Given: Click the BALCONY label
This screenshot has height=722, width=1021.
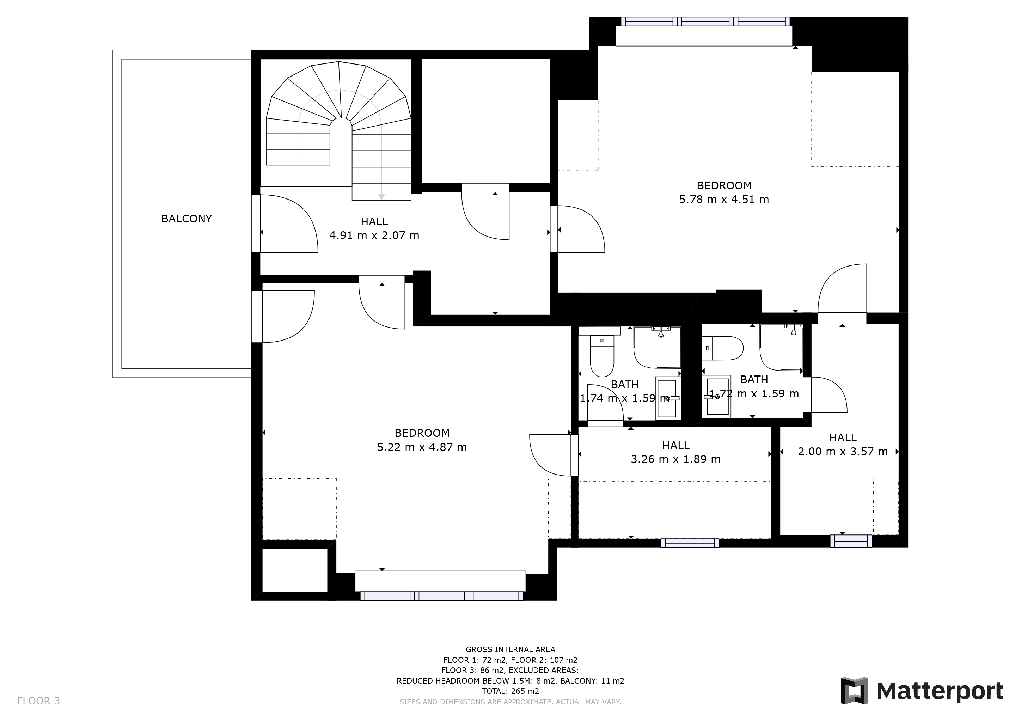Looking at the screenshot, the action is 186,219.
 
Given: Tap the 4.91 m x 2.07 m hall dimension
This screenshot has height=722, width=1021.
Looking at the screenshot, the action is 374,235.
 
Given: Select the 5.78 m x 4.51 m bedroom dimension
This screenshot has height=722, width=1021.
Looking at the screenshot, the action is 724,199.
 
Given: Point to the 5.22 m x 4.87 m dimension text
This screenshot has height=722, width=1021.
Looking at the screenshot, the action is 422,447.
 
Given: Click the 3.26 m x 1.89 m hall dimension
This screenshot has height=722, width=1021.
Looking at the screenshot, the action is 676,459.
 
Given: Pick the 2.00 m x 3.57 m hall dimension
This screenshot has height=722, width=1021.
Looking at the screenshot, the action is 843,452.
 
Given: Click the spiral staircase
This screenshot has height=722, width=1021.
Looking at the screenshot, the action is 338,131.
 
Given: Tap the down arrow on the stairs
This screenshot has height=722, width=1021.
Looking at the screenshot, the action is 381,196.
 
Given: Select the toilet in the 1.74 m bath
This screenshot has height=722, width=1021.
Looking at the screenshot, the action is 602,356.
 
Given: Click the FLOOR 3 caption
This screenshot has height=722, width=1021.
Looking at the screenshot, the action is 38,701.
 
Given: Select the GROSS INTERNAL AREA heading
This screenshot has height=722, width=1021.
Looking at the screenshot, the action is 510,649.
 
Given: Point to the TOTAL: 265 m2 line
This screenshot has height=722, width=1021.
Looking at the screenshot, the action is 510,691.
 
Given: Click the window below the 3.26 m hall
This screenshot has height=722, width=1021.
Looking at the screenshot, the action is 690,543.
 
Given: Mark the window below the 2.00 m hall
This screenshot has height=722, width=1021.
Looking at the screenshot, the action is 851,541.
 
